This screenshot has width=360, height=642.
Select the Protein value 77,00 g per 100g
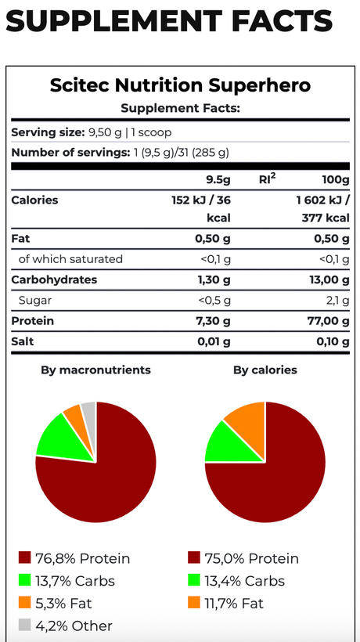(329, 321)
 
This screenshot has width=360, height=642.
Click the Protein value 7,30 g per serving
(214, 321)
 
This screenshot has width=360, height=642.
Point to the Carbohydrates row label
(55, 280)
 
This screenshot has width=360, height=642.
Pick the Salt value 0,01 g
(214, 341)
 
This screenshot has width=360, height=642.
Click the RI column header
(267, 179)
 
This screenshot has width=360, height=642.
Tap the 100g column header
(337, 180)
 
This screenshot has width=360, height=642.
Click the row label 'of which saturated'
(70, 259)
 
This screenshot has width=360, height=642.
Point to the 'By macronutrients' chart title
(95, 370)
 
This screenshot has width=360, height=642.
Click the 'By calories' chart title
(265, 370)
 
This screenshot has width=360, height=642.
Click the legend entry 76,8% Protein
(74, 558)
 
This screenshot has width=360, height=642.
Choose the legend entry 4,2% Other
(66, 626)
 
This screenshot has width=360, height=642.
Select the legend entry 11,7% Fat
(226, 603)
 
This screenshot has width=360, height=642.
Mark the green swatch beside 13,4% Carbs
(194, 580)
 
